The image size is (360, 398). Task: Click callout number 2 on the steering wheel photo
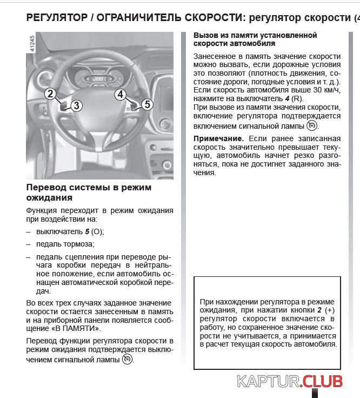(50, 94)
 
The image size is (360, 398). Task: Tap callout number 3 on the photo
(76, 105)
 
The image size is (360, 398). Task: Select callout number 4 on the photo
(121, 94)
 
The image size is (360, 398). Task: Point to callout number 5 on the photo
(147, 104)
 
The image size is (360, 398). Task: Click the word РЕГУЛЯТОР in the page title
(56, 18)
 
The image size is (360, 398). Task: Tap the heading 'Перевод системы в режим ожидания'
(89, 193)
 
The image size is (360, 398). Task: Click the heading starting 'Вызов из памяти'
(255, 39)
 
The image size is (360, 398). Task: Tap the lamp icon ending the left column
(127, 359)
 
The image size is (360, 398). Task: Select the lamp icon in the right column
(311, 125)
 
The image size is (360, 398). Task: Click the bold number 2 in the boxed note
(319, 311)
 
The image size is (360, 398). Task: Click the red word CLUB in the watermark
(323, 381)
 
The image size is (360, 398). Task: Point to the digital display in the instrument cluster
(98, 79)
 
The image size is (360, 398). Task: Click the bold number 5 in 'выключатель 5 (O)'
(87, 231)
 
